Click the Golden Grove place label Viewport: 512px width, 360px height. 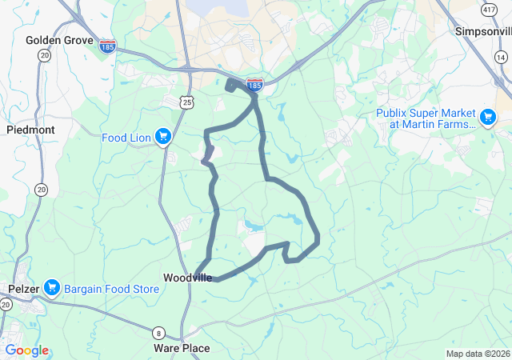click(x=59, y=40)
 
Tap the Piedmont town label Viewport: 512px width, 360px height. click(x=30, y=130)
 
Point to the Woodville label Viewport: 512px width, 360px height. click(x=188, y=278)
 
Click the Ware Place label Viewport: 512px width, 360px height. click(x=182, y=348)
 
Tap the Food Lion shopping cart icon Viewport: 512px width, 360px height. click(x=163, y=137)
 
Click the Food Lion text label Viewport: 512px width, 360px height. click(x=126, y=138)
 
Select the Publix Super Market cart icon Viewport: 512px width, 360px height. click(x=487, y=118)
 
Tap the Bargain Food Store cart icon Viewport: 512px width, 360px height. click(x=53, y=286)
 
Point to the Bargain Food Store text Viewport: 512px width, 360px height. click(x=111, y=288)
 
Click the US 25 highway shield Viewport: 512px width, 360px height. click(x=186, y=102)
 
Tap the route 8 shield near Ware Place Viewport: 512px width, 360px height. click(x=159, y=333)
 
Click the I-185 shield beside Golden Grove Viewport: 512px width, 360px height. click(x=107, y=46)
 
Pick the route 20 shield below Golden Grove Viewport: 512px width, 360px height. click(x=43, y=55)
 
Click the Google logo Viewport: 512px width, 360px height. click(x=26, y=350)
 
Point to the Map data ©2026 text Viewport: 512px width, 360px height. click(x=477, y=354)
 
